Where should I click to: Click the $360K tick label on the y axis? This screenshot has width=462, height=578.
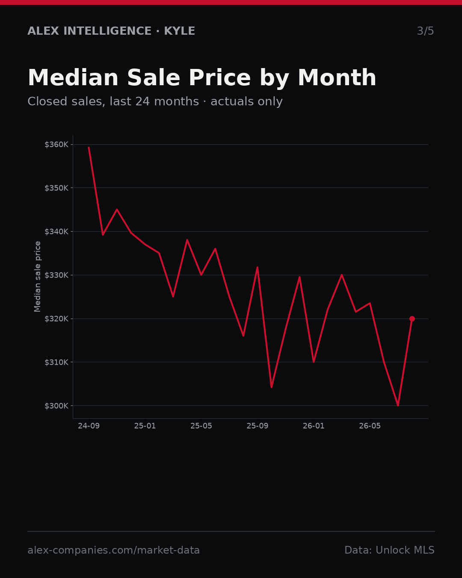coord(56,145)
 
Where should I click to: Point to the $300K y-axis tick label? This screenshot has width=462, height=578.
coord(56,405)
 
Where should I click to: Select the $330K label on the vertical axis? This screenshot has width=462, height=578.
coord(56,275)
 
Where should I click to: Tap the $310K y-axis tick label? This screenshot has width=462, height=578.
coord(56,362)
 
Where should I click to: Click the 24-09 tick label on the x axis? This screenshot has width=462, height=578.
coord(89,426)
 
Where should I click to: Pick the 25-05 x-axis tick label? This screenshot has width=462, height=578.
coord(201,426)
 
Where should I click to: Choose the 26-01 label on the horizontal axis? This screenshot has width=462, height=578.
coord(314,426)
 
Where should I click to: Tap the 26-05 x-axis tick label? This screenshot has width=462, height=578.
coord(370,426)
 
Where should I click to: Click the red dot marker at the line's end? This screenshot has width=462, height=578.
coord(412,319)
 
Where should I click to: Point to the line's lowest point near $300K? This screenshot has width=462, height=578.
coord(398,405)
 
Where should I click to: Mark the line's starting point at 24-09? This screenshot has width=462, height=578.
coord(89,147)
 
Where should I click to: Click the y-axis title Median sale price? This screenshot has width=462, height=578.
coord(37,277)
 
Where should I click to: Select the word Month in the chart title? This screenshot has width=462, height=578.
coord(337,78)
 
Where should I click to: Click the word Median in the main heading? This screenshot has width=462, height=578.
coord(73,78)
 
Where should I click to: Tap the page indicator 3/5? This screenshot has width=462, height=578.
coord(426,31)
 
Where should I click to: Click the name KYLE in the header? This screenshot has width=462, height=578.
coord(179,31)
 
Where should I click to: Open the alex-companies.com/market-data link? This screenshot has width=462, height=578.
coord(113,550)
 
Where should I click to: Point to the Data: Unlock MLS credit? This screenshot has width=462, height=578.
coord(389,550)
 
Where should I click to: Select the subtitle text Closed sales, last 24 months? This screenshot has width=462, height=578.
coord(113,101)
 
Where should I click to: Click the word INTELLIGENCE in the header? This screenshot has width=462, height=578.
coord(107,31)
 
